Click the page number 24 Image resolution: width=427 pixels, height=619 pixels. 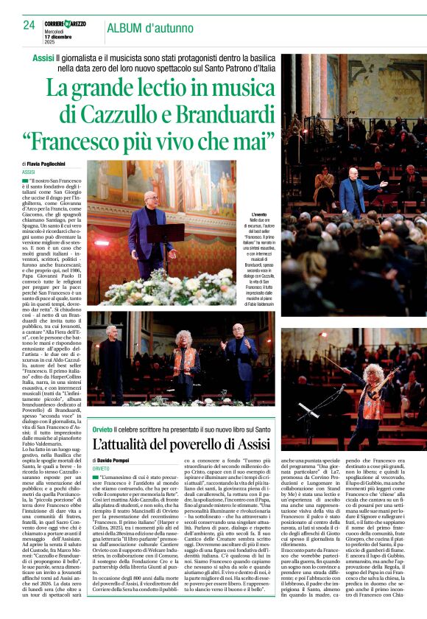[29, 26]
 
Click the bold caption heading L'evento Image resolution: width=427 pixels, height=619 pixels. [260, 214]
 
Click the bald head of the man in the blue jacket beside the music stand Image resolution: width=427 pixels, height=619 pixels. [151, 197]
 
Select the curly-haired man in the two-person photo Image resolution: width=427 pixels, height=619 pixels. [185, 357]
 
